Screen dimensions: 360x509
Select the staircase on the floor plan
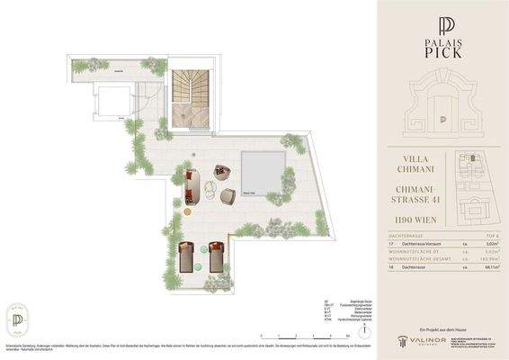[x=189, y=90]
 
